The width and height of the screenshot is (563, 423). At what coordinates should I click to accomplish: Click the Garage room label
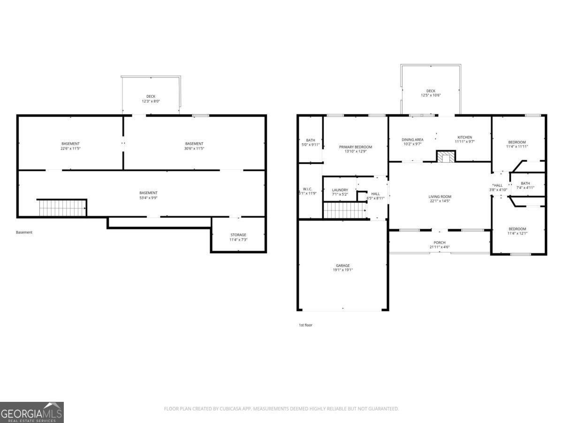342,268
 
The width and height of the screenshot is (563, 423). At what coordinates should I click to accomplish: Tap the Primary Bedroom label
356,149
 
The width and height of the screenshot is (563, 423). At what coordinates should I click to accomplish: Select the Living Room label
440,199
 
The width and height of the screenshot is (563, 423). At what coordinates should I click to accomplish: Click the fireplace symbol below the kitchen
445,156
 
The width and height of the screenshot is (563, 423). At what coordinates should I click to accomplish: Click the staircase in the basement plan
62,208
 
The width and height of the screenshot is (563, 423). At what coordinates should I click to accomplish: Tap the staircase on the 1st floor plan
345,211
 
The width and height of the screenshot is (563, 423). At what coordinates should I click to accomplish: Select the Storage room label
238,237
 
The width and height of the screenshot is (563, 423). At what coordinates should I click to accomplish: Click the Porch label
440,245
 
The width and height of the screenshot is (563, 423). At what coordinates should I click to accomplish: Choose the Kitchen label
464,140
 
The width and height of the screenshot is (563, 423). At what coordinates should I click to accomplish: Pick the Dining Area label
412,141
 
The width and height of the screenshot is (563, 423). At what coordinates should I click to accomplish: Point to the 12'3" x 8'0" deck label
151,99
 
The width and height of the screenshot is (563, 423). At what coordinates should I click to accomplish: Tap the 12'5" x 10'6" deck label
431,93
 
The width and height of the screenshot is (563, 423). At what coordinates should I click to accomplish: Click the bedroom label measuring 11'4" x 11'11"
517,144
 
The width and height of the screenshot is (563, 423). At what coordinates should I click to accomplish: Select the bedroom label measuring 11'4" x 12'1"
517,231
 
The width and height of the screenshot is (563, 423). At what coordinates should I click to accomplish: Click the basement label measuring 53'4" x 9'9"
148,195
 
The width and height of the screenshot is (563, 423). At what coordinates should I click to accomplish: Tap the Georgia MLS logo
32,412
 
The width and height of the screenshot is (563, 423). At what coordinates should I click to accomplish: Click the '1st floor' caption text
305,325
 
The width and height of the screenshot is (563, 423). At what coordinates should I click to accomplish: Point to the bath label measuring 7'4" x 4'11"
525,186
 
